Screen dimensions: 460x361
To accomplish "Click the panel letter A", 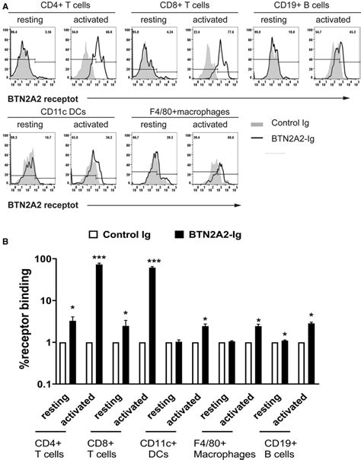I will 5,5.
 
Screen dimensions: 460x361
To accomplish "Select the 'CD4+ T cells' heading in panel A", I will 52,6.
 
